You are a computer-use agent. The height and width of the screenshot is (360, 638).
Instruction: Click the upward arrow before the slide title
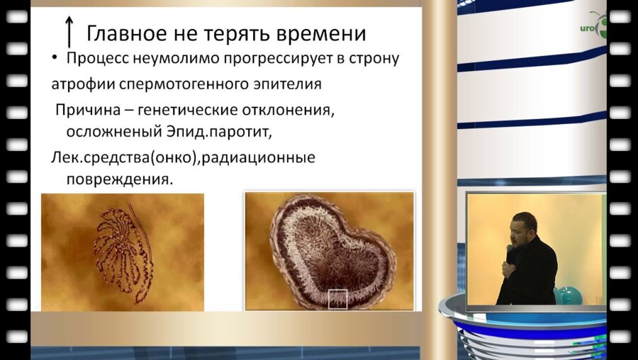[x=69, y=33]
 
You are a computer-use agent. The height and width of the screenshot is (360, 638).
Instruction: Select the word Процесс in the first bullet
[x=97, y=58]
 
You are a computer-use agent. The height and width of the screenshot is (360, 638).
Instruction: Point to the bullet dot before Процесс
[x=56, y=58]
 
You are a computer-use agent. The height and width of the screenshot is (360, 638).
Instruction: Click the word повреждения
[x=119, y=179]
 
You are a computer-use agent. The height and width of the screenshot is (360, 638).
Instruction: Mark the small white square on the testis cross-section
[x=339, y=299]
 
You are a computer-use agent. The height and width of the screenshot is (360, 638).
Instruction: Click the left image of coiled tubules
[x=122, y=252]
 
